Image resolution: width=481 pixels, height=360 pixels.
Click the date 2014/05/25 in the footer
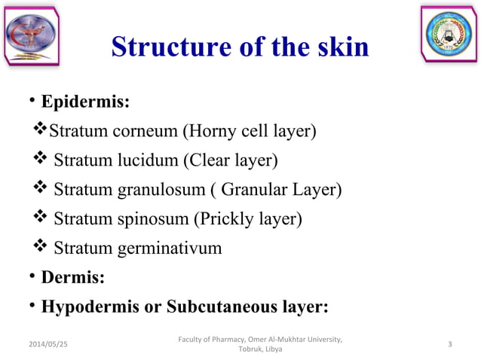click(47, 344)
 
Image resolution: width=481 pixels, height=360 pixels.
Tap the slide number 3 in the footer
click(449, 344)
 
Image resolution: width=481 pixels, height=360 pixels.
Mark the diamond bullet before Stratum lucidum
click(41, 160)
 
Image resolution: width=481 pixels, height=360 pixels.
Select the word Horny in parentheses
click(212, 132)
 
